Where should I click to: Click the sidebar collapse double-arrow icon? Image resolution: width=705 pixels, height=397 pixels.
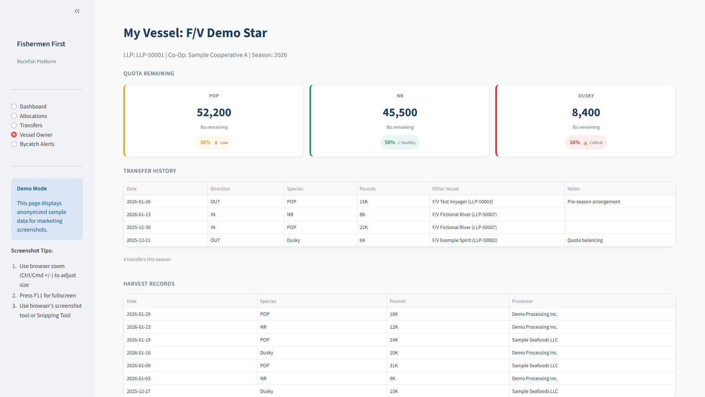pyautogui.click(x=77, y=11)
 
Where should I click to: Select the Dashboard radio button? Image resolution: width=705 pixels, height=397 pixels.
pyautogui.click(x=14, y=107)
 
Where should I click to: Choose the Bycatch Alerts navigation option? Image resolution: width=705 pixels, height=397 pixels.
pyautogui.click(x=14, y=144)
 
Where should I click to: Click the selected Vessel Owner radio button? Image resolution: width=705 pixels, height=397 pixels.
pyautogui.click(x=14, y=135)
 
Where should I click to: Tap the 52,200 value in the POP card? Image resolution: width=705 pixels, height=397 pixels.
pyautogui.click(x=214, y=112)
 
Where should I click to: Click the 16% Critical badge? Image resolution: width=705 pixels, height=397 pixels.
pyautogui.click(x=586, y=143)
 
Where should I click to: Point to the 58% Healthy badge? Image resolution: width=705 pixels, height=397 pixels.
pyautogui.click(x=399, y=143)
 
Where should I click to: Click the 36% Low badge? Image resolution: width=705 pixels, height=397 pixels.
pyautogui.click(x=214, y=143)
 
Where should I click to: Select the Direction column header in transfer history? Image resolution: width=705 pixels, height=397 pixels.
pyautogui.click(x=220, y=189)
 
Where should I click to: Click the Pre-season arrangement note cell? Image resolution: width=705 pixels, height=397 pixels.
pyautogui.click(x=593, y=202)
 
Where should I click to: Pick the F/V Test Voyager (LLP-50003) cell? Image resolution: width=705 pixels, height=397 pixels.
pyautogui.click(x=462, y=202)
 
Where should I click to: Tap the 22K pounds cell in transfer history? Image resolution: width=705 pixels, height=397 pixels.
pyautogui.click(x=364, y=228)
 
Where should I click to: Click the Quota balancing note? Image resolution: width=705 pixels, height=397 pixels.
pyautogui.click(x=585, y=240)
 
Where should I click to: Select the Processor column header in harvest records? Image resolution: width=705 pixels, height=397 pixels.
pyautogui.click(x=522, y=301)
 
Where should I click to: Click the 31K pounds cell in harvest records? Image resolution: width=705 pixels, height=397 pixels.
pyautogui.click(x=394, y=366)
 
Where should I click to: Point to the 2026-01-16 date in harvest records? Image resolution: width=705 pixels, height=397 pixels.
pyautogui.click(x=138, y=353)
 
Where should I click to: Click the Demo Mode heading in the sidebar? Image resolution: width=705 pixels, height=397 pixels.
pyautogui.click(x=32, y=189)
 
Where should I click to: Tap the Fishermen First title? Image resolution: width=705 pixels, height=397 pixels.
pyautogui.click(x=41, y=44)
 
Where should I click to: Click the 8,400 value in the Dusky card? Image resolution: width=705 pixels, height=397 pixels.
pyautogui.click(x=586, y=112)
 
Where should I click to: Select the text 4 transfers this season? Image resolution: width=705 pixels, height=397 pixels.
pyautogui.click(x=147, y=260)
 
